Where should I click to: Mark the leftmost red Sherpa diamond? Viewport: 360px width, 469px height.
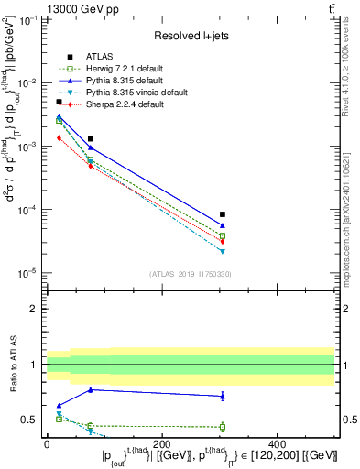point(59,137)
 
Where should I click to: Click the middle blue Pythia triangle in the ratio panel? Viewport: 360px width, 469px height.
point(90,389)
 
